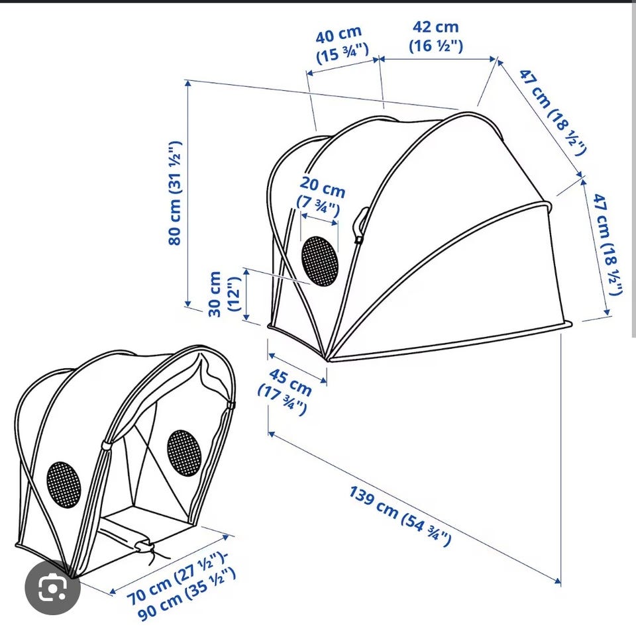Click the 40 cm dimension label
point(342,44)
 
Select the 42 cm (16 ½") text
point(436,36)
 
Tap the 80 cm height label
point(175,193)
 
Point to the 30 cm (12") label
point(225,293)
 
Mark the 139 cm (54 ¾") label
point(400,516)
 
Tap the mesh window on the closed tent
point(320,261)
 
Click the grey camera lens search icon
point(52,587)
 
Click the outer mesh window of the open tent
point(64,484)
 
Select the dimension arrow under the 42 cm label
point(437,59)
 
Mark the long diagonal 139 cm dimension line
point(415,508)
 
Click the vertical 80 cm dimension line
point(187,193)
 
